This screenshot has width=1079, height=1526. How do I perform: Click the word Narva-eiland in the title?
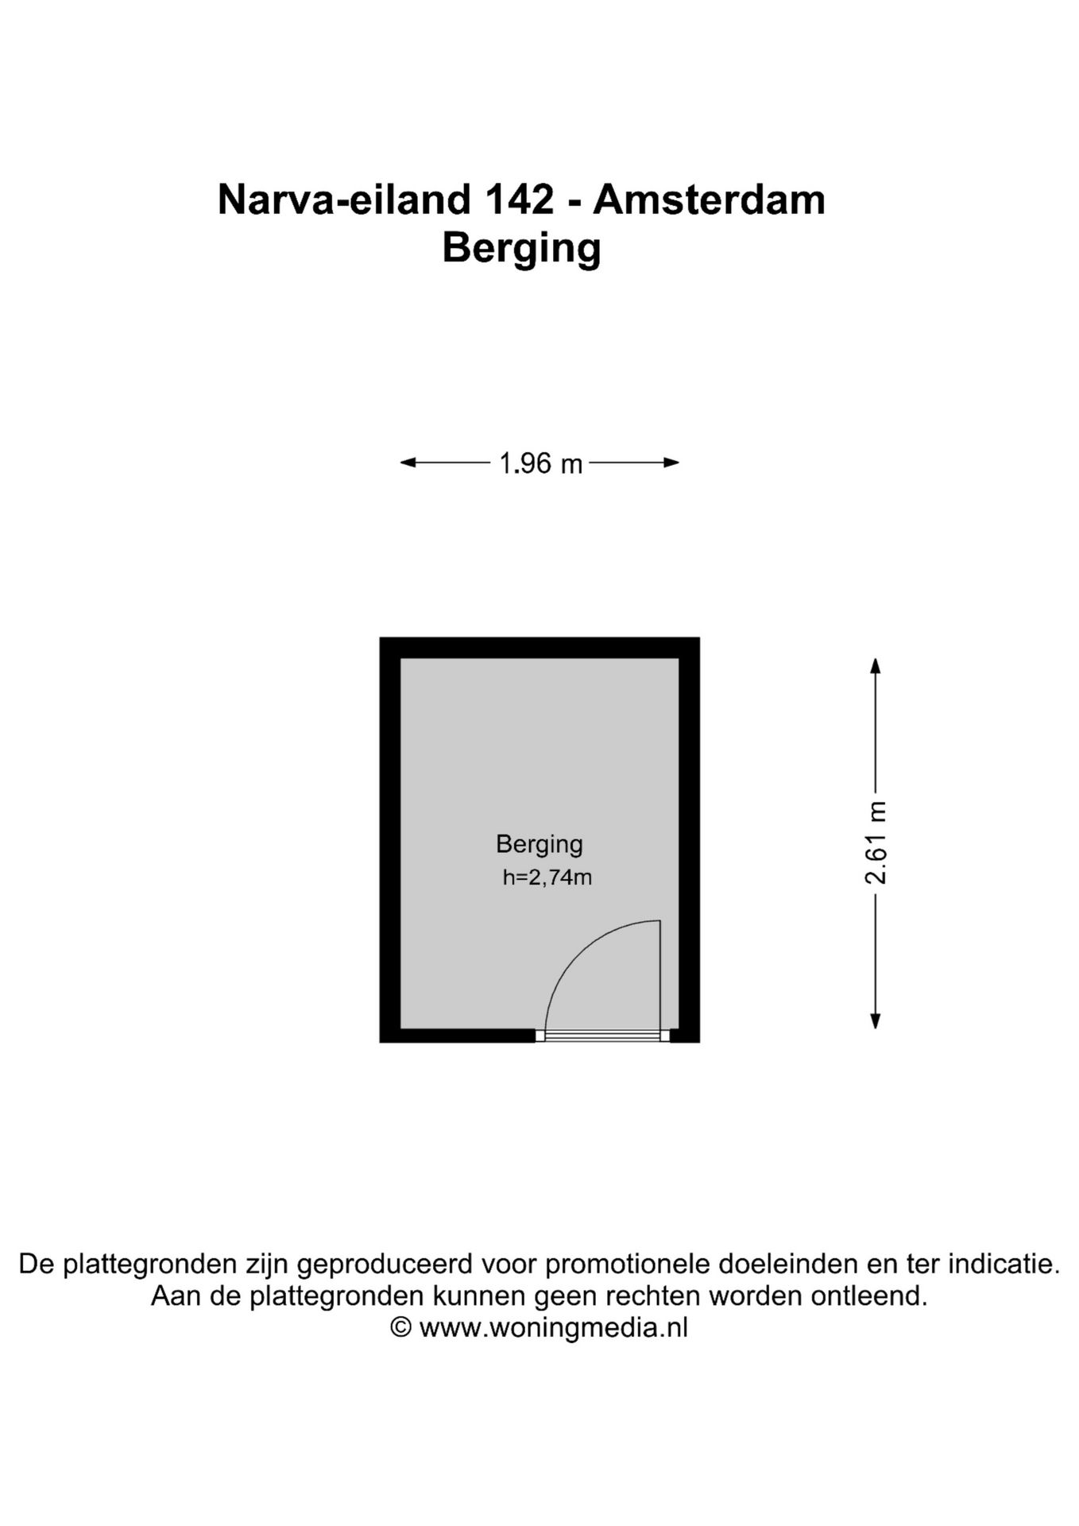pos(344,199)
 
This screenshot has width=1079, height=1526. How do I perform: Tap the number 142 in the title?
pos(519,199)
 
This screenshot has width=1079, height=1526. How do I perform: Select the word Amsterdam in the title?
pos(709,199)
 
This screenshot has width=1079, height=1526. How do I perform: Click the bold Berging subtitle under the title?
pos(521,248)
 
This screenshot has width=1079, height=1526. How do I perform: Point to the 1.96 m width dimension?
pos(540,463)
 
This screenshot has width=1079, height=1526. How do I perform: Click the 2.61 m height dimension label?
pos(876,843)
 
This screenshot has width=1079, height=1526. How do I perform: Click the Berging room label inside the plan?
pos(539,844)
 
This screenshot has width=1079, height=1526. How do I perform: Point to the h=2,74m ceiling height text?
pos(547,878)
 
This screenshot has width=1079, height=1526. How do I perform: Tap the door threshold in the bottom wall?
pos(603,1036)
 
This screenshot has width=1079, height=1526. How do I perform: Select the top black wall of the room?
pos(539,648)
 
